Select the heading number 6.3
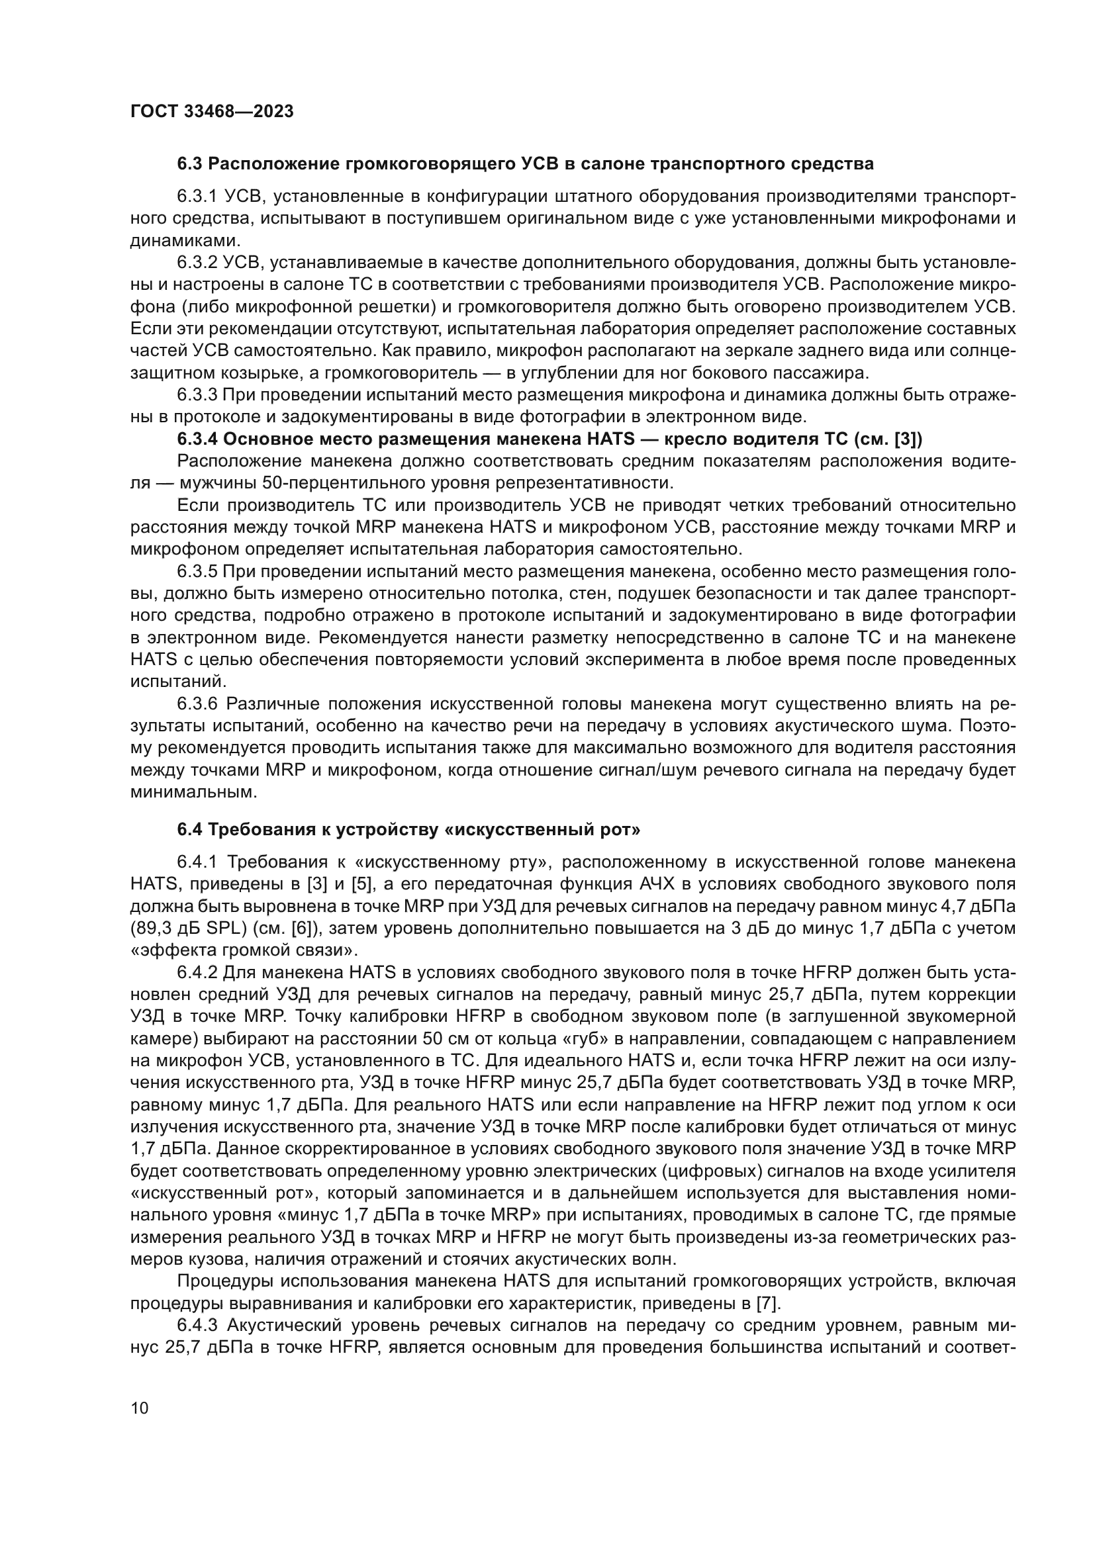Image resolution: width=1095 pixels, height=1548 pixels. pyautogui.click(x=190, y=164)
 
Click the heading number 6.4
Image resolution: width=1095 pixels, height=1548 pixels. pyautogui.click(x=190, y=829)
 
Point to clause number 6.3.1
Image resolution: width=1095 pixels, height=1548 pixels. pyautogui.click(x=196, y=196)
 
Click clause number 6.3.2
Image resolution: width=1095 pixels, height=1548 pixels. pyautogui.click(x=196, y=263)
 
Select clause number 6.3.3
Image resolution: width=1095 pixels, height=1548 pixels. pyautogui.click(x=196, y=395)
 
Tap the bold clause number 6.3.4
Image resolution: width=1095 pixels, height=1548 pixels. pyautogui.click(x=197, y=439)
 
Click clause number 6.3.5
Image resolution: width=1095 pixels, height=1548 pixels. pyautogui.click(x=196, y=572)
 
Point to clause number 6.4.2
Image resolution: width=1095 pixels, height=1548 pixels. pyautogui.click(x=196, y=973)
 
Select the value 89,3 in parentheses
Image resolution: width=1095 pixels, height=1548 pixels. pyautogui.click(x=156, y=929)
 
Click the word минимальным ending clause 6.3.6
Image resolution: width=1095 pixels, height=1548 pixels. pyautogui.click(x=193, y=792)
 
